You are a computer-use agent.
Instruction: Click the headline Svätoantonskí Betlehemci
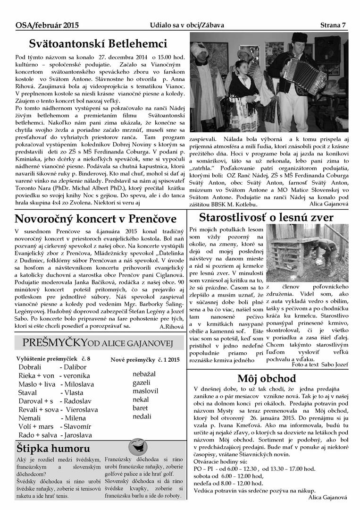pos(98,44)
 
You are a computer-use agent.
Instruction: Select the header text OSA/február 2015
pos(47,25)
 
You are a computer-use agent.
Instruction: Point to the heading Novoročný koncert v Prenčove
pos(96,219)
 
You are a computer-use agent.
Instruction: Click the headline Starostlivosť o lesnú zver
pos(266,217)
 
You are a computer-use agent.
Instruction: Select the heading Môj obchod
pos(267,378)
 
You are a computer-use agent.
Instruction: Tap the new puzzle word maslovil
pos(145,391)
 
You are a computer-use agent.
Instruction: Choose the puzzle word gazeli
pos(141,382)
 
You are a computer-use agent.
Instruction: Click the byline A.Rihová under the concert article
pos(171,326)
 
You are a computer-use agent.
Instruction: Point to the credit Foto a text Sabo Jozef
pos(320,365)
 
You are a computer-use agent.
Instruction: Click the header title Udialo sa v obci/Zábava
pos(187,25)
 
